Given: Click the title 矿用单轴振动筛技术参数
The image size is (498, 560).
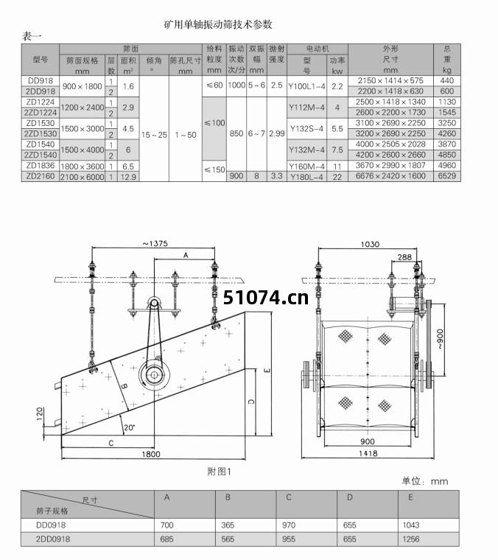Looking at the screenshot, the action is point(218,24).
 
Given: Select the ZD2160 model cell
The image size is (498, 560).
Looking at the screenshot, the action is point(41,176).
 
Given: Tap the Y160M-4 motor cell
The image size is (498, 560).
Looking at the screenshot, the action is point(306,167).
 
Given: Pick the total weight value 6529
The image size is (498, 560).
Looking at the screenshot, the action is point(447,175).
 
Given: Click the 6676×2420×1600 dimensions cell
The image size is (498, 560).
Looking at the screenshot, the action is point(390,175).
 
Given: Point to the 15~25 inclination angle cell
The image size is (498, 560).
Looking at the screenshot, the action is point(154,135).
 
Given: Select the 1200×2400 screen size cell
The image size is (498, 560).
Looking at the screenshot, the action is point(82,108).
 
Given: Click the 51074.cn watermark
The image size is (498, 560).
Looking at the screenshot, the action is point(266,298).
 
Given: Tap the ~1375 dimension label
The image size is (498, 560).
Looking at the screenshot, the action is point(155,244).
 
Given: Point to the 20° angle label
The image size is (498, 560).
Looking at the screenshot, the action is point(129,427).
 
